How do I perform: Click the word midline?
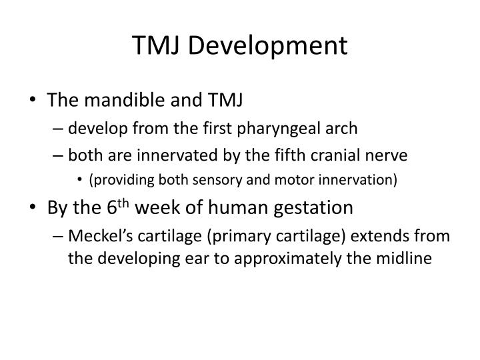(x=402, y=257)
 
